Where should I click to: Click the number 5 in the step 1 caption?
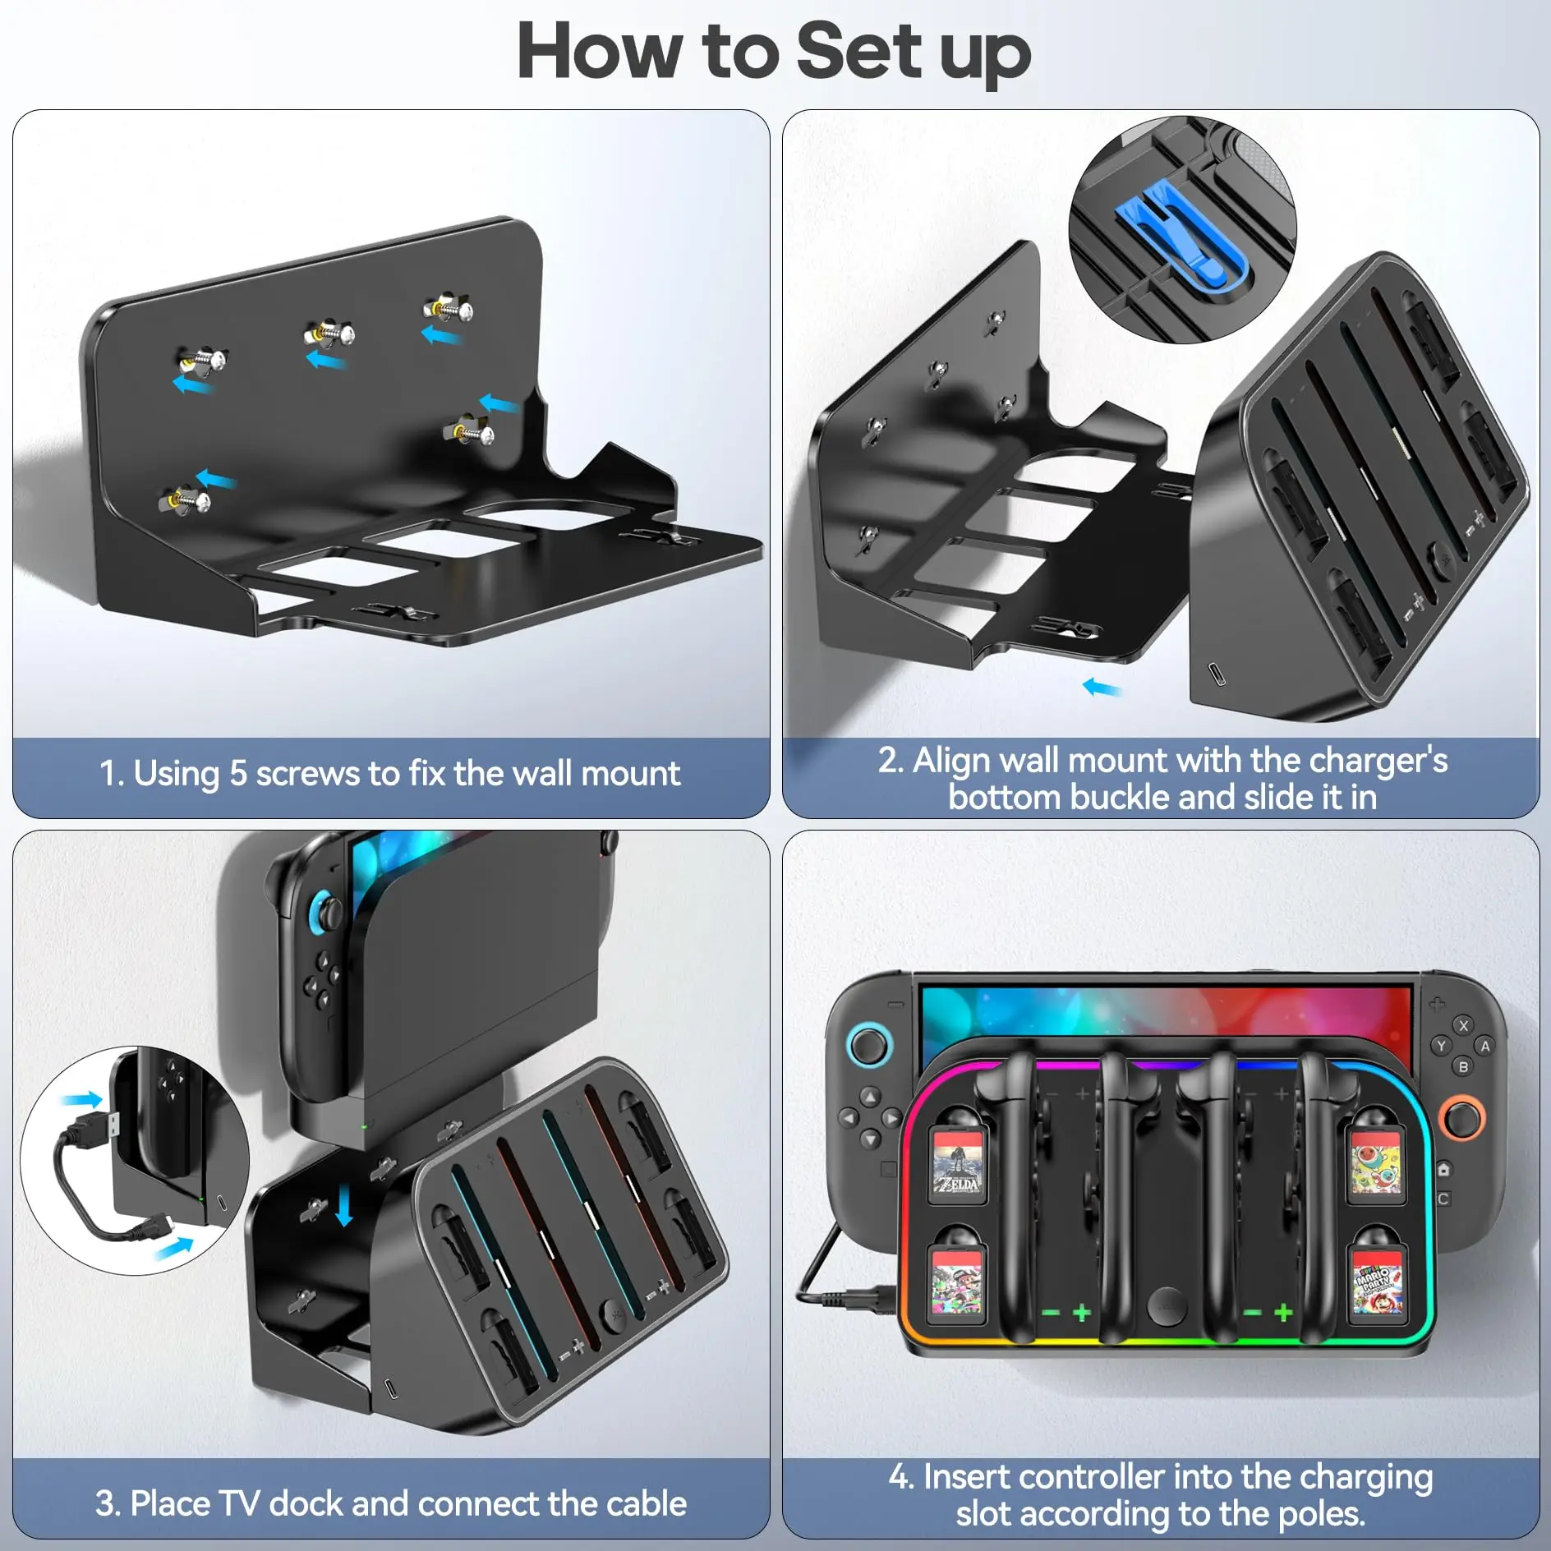pyautogui.click(x=238, y=773)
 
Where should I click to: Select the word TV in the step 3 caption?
pyautogui.click(x=239, y=1503)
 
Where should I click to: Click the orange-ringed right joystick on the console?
pyautogui.click(x=1461, y=1119)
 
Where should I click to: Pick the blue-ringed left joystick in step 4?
pyautogui.click(x=868, y=1046)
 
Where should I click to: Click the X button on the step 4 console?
pyautogui.click(x=1463, y=1025)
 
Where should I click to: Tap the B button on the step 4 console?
pyautogui.click(x=1463, y=1066)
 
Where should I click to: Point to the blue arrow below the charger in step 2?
pyautogui.click(x=1102, y=686)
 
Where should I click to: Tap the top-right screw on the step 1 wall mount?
pyautogui.click(x=449, y=309)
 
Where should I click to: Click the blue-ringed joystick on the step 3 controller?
pyautogui.click(x=324, y=910)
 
